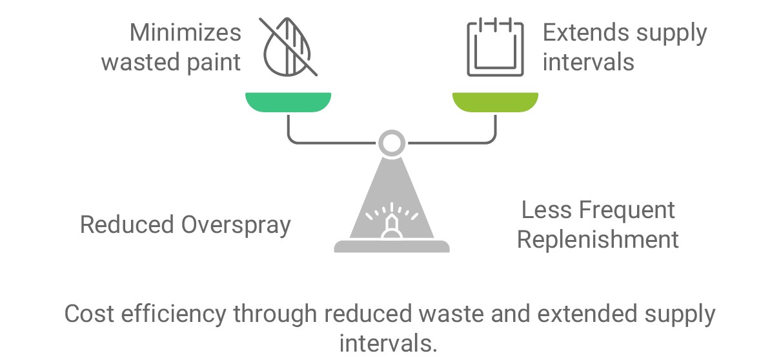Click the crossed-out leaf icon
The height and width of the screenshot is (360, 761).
[x=288, y=47]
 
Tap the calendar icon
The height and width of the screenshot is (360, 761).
[x=495, y=47]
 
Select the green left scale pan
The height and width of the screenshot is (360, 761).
[x=288, y=102]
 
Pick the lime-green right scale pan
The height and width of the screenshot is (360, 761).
[x=495, y=102]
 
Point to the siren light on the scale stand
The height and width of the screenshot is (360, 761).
[x=391, y=223]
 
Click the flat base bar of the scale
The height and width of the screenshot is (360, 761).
[x=391, y=246]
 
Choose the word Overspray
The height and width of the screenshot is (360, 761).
[x=236, y=225]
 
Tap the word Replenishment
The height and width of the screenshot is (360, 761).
[x=598, y=239]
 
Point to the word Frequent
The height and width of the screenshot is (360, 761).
[x=627, y=210]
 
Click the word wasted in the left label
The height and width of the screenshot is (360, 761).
[x=139, y=62]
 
